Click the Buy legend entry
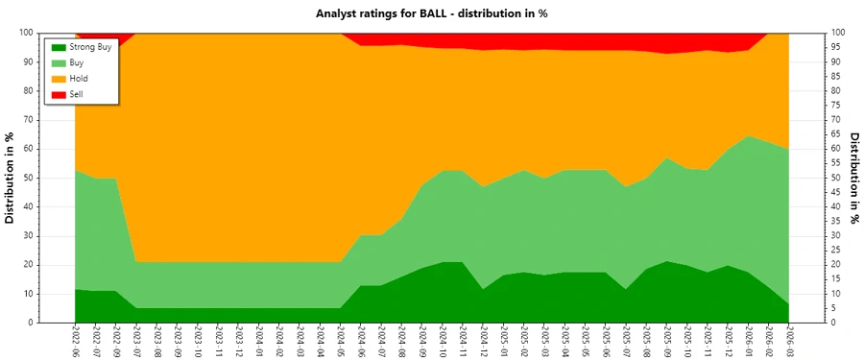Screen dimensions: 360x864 pyautogui.click(x=77, y=61)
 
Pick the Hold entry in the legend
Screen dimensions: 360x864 pyautogui.click(x=79, y=78)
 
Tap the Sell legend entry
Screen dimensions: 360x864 pyautogui.click(x=77, y=93)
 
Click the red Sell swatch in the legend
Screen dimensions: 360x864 pyautogui.click(x=59, y=93)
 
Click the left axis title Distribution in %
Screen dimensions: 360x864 pyautogui.click(x=11, y=178)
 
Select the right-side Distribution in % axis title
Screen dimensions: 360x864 pyautogui.click(x=853, y=178)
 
